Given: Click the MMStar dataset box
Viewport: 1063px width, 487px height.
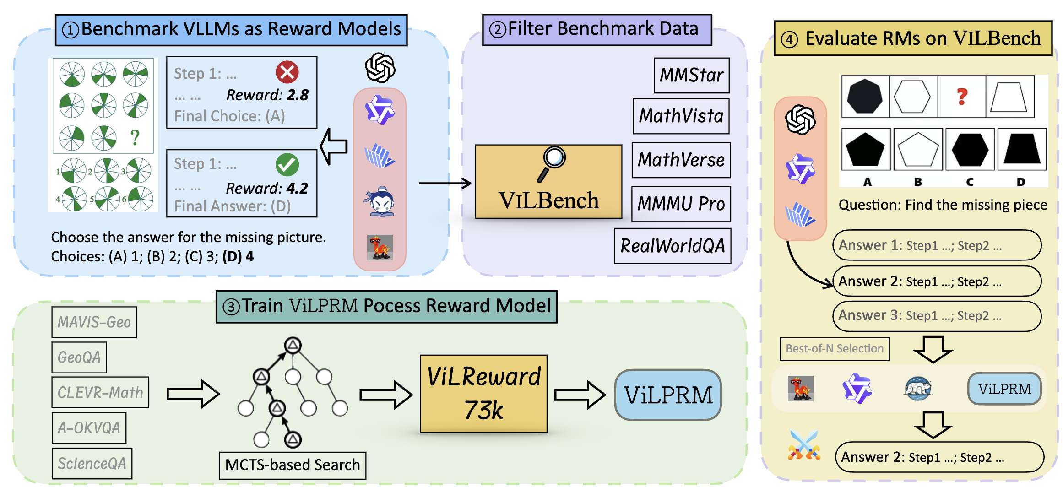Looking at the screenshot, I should click(x=691, y=75).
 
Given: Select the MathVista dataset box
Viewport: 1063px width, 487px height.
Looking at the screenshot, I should click(x=681, y=116).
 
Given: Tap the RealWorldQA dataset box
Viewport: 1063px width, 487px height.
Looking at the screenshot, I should click(x=673, y=246).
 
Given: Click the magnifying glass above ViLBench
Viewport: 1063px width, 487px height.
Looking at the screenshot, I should click(x=552, y=163).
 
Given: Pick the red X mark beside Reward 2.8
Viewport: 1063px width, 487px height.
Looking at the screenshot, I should click(x=287, y=72).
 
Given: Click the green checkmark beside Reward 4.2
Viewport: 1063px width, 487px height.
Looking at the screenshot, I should click(x=287, y=165).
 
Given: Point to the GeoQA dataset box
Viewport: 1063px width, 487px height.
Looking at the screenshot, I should click(x=79, y=357).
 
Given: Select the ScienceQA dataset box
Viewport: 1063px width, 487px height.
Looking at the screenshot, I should click(x=92, y=464).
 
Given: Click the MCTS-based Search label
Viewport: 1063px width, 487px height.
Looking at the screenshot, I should click(x=293, y=465).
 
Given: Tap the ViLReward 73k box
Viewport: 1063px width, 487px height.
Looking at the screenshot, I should click(x=483, y=394).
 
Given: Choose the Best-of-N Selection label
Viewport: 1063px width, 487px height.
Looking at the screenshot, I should click(x=835, y=349).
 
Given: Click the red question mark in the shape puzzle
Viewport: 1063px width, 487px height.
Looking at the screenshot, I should click(x=962, y=97).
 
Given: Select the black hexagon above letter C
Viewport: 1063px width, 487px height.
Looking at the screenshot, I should click(x=970, y=149).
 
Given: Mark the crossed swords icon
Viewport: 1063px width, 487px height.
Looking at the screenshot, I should click(x=804, y=445).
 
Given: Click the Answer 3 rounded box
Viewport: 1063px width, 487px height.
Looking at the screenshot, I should click(x=936, y=316).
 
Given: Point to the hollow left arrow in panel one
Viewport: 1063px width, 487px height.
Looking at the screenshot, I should click(x=334, y=146).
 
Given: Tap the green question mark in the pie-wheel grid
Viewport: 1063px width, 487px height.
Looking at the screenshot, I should click(x=135, y=137).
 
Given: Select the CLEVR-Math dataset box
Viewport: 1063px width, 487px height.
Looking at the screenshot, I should click(x=100, y=393).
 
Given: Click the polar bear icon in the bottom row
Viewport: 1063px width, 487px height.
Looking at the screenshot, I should click(x=917, y=389).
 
